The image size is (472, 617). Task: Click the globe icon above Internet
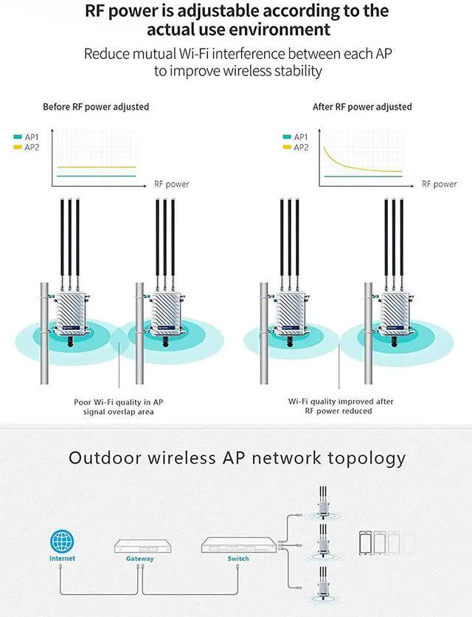pos(62,541)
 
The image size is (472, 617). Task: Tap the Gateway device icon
pos(143,545)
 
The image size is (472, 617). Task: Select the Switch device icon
pos(239,545)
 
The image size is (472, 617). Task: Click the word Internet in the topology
pos(62,559)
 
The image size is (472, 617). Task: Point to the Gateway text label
pos(140,559)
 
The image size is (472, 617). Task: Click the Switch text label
pos(238,559)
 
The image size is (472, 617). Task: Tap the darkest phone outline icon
pos(365,543)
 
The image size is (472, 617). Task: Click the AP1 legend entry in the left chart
pos(27,137)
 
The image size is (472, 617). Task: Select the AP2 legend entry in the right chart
pos(296,147)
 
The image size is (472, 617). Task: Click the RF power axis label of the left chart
pos(172,185)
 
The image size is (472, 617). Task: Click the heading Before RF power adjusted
pos(96,107)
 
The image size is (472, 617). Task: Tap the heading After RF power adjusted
pos(362,107)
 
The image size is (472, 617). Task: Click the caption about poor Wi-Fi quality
pos(119,407)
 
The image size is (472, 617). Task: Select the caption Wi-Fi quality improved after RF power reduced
pos(341,406)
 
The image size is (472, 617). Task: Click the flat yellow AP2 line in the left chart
pos(97,168)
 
